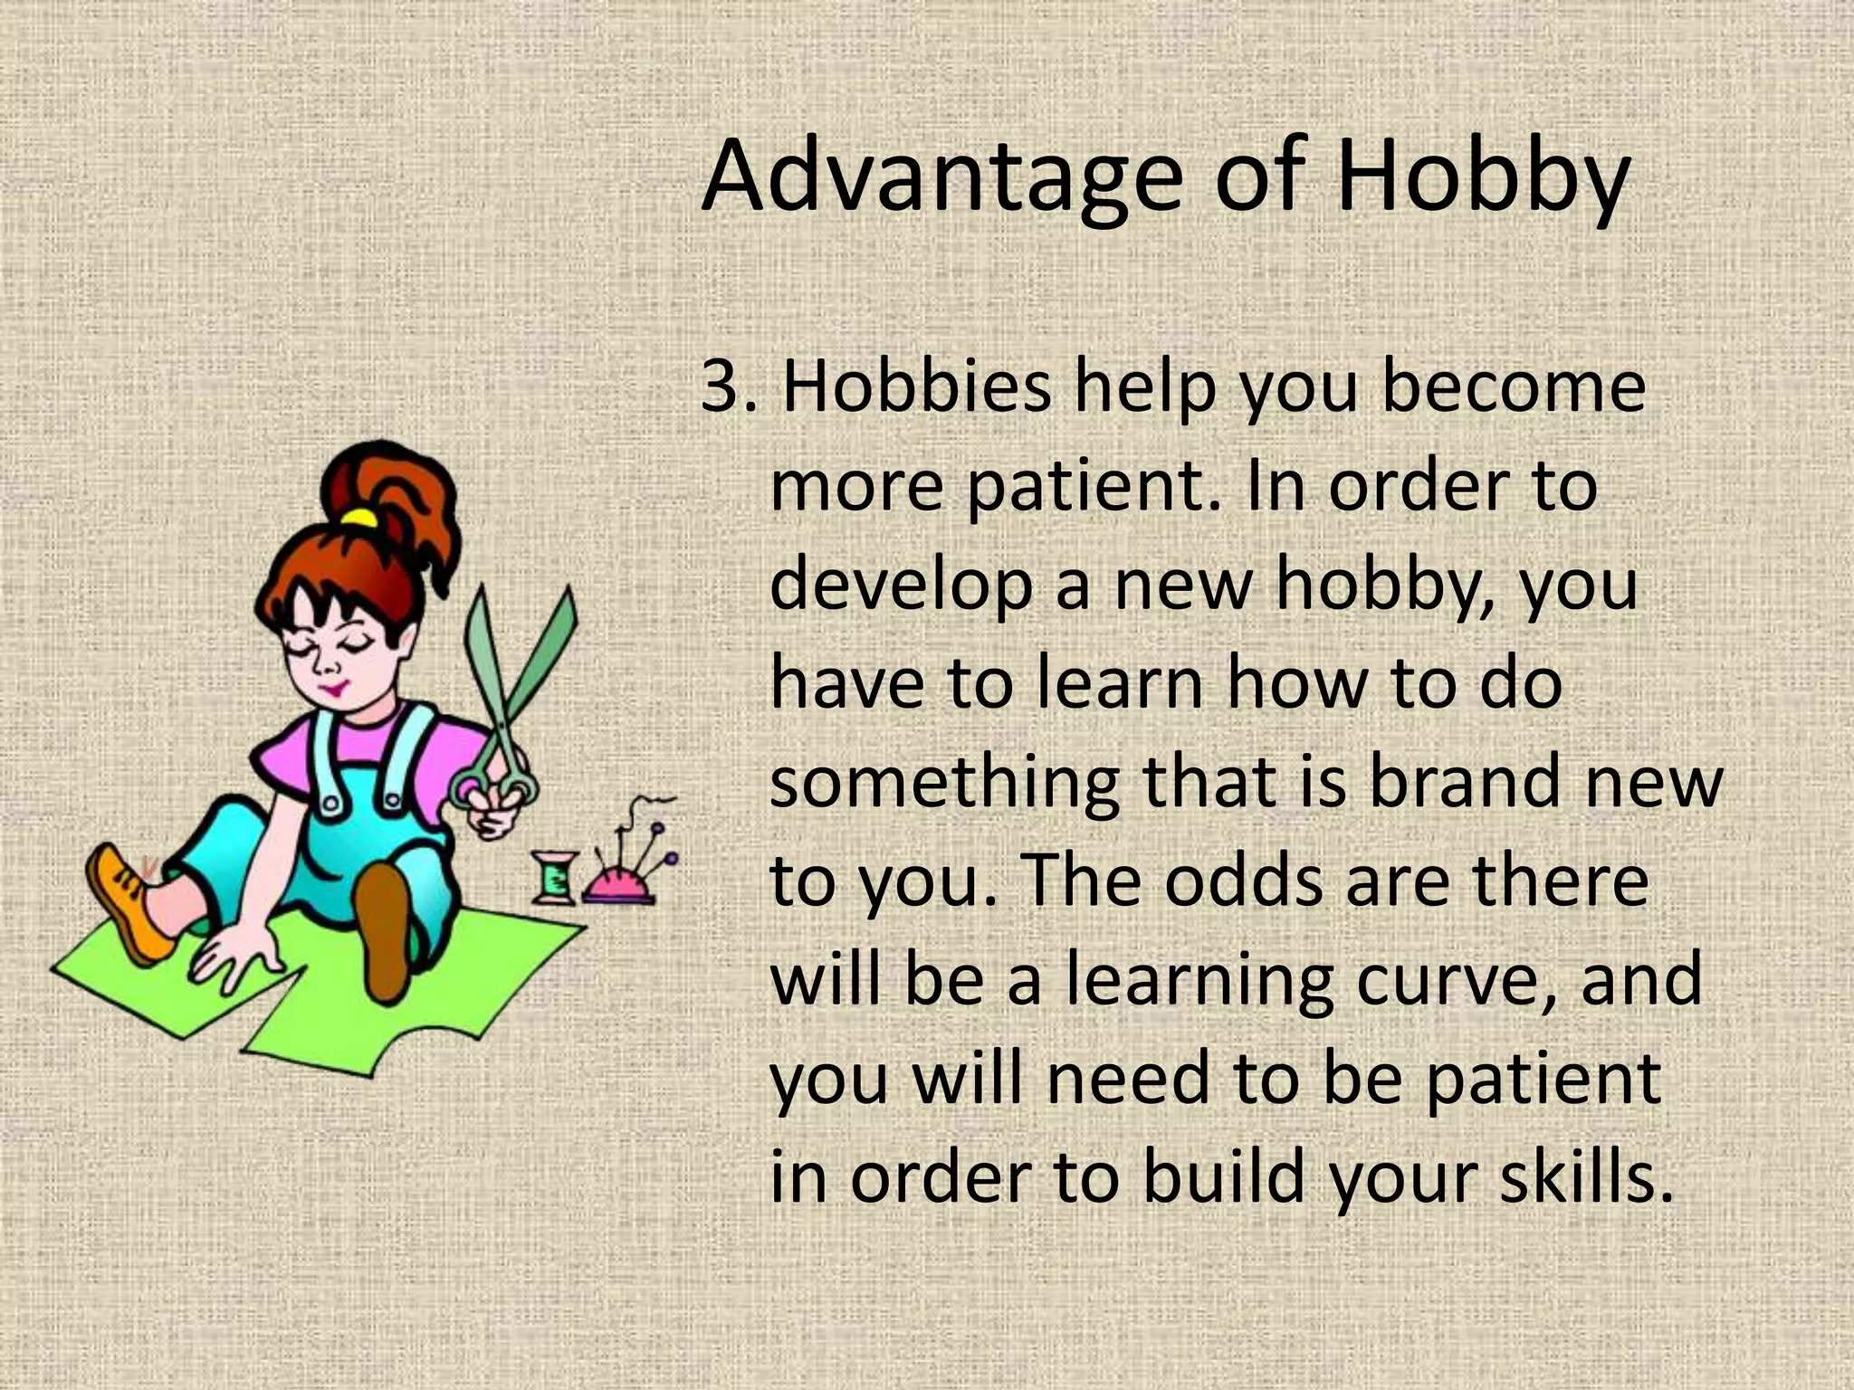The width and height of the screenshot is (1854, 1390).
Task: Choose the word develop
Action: [x=901, y=584]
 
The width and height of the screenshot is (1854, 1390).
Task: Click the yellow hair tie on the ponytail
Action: [x=359, y=518]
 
